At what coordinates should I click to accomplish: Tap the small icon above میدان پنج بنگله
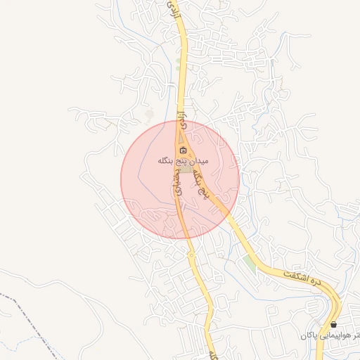click(184, 150)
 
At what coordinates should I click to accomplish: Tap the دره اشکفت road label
click(303, 275)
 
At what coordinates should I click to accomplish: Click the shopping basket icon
click(333, 324)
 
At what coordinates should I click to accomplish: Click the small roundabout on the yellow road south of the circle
click(191, 256)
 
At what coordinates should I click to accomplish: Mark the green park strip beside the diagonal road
click(248, 265)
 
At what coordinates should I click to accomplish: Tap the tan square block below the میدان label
click(186, 170)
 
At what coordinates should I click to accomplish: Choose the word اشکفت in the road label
click(296, 272)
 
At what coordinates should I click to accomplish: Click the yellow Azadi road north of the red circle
click(181, 70)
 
